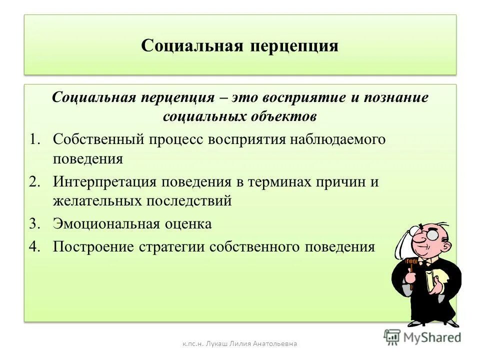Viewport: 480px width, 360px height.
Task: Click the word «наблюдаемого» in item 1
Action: (x=343, y=139)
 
